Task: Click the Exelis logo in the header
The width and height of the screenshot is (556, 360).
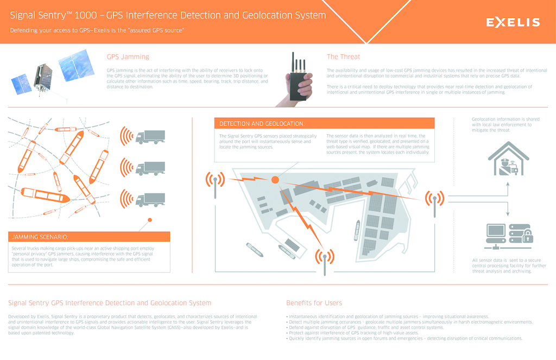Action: [513, 22]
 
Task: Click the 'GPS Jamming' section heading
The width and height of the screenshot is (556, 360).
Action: [128, 56]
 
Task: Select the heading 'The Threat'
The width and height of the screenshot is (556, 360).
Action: [343, 56]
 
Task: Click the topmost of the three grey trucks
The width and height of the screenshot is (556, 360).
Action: [150, 137]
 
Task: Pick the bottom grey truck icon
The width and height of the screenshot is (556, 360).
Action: [150, 199]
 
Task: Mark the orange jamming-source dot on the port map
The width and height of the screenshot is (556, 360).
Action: [275, 179]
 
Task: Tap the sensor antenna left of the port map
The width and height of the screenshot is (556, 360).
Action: [215, 183]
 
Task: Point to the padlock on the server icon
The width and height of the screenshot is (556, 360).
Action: [527, 237]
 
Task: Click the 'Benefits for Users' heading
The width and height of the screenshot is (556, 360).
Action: [314, 303]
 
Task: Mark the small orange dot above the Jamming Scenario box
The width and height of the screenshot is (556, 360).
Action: [150, 220]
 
